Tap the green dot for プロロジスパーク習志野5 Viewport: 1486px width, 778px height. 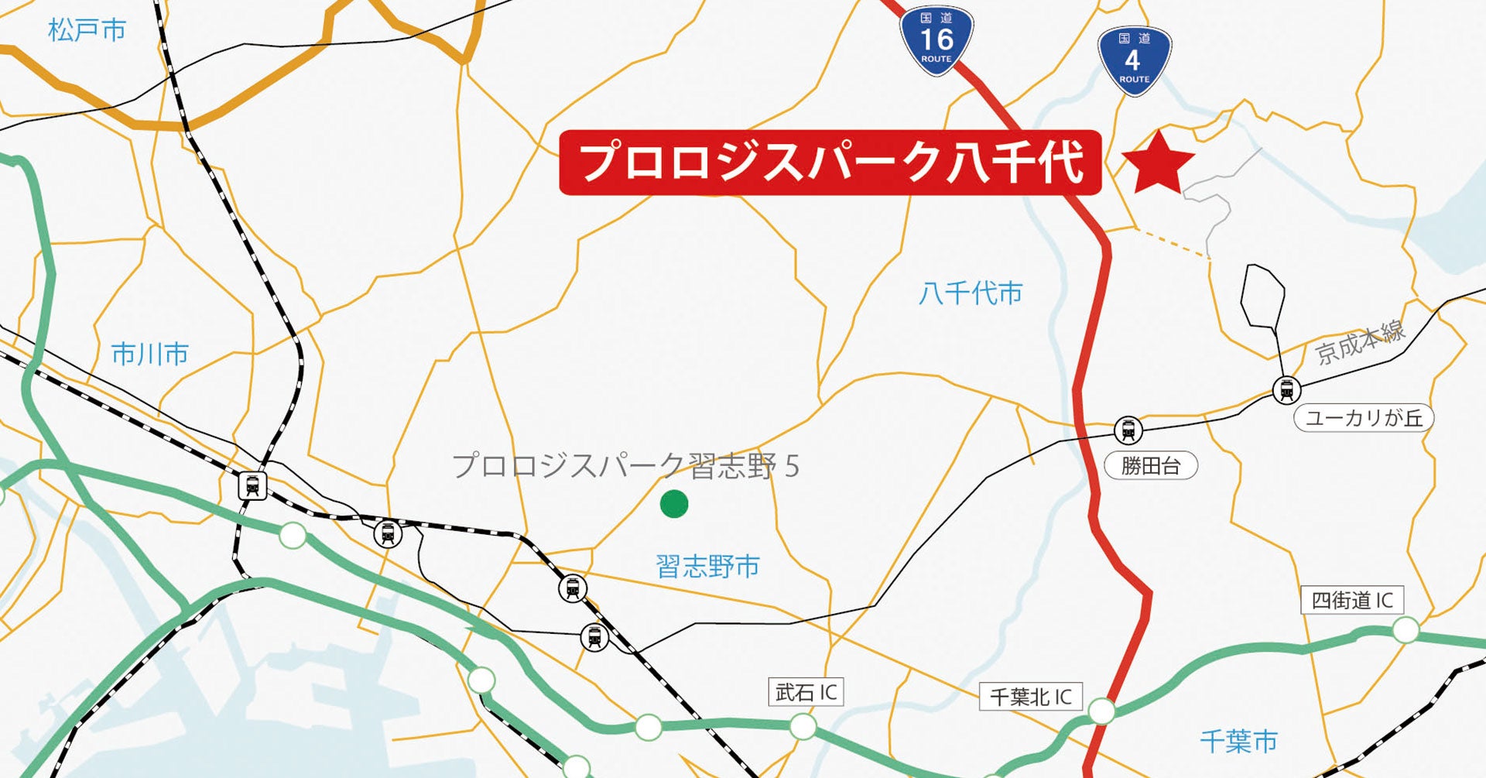(674, 504)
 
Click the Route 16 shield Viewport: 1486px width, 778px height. (936, 42)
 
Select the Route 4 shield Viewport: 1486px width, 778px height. (1134, 62)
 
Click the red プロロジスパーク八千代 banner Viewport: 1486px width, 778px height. (830, 163)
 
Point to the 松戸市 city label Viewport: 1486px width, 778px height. (87, 31)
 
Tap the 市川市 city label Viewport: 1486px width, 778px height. (150, 355)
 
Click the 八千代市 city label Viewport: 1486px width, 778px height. (971, 293)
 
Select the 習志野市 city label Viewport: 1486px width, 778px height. (707, 567)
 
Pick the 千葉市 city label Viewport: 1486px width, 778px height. (1238, 742)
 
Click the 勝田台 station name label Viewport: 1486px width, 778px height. (1151, 466)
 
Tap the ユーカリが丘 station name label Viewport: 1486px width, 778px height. (1364, 419)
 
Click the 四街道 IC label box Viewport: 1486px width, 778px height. (1352, 601)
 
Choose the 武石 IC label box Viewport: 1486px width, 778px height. (806, 692)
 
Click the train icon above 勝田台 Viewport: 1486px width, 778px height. (1128, 430)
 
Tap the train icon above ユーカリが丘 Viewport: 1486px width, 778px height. (1286, 389)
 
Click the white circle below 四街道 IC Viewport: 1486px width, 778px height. (1406, 630)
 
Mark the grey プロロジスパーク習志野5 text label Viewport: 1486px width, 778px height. (625, 466)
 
